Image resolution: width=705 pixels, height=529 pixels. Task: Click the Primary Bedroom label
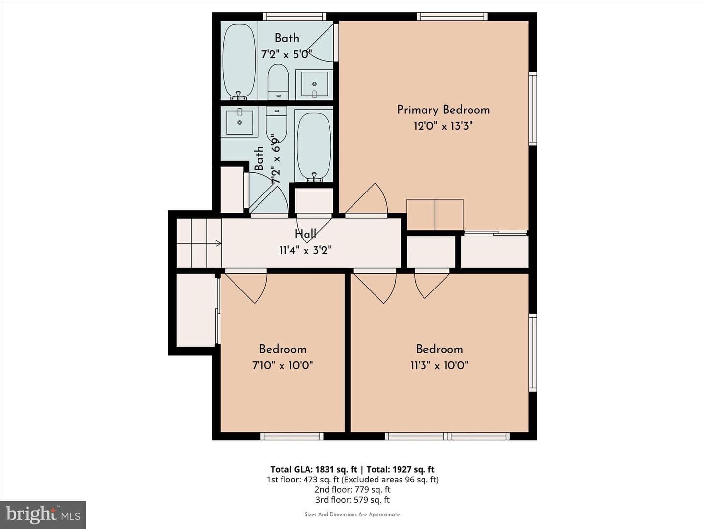click(x=443, y=110)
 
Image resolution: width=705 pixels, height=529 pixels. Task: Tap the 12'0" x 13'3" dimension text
click(x=443, y=126)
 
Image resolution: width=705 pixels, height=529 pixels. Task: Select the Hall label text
click(x=305, y=234)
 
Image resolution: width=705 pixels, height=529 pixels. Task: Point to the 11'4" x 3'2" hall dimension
click(x=305, y=250)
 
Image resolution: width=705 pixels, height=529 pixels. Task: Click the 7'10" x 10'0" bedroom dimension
click(x=282, y=365)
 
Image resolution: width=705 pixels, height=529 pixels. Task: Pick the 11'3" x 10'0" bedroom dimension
click(x=439, y=365)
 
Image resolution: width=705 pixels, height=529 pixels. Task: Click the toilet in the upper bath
click(x=278, y=82)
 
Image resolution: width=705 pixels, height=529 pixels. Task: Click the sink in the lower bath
click(x=239, y=122)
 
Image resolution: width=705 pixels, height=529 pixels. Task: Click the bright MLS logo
click(x=43, y=515)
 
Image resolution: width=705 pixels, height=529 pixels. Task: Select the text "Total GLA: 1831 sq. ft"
click(x=313, y=470)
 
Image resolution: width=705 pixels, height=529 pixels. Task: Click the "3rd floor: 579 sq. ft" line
click(x=352, y=500)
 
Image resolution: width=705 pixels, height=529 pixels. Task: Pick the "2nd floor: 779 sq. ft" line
click(x=352, y=489)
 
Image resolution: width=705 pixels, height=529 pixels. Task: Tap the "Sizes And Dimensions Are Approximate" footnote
click(x=352, y=515)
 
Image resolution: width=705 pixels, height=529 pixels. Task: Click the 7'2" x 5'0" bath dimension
click(x=286, y=54)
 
